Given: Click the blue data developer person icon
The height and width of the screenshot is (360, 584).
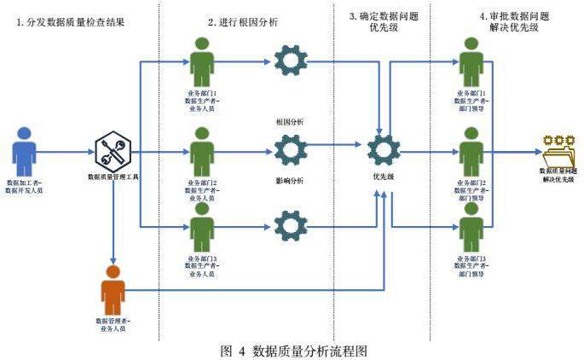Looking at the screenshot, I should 25,152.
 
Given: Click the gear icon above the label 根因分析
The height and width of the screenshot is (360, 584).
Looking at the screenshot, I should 291,62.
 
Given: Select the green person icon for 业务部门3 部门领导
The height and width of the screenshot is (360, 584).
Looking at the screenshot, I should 471,228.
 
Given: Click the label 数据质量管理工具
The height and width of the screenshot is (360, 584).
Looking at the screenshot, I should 113,177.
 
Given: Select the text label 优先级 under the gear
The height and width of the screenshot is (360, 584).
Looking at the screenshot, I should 383,177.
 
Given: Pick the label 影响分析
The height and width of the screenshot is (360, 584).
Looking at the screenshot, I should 290,181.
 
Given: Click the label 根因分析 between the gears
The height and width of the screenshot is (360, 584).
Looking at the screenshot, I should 290,122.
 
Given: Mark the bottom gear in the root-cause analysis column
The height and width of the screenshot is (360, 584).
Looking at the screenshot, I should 291,227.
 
